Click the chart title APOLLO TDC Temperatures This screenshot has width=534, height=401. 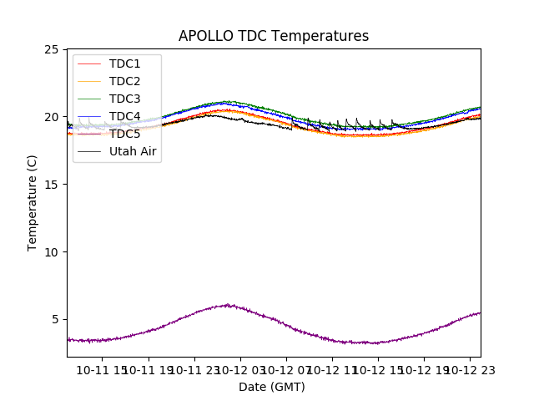point(274,36)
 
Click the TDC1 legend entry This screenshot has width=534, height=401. point(124,63)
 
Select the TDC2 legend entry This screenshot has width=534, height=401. point(124,81)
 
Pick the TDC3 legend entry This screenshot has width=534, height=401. point(124,99)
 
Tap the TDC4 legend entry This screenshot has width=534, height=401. point(124,116)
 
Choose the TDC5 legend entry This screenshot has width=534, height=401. point(124,134)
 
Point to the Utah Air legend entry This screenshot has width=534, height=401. point(133,151)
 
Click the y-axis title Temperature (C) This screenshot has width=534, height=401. point(33,203)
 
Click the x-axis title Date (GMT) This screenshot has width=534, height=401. point(272,387)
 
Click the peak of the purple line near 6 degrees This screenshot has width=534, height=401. point(227,305)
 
